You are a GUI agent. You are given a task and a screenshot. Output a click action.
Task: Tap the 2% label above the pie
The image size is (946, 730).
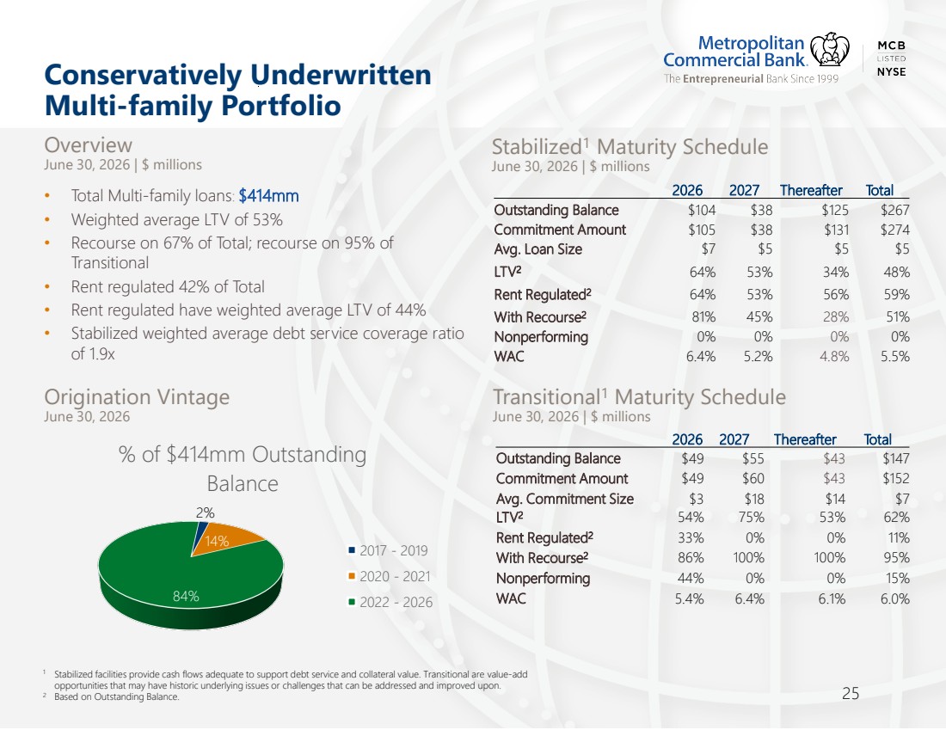206,512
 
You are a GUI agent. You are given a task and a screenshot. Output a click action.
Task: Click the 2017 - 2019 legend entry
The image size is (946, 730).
388,550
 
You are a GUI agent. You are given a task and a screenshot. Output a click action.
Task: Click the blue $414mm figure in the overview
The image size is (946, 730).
268,195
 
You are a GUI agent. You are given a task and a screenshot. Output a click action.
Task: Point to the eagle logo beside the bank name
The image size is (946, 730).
829,50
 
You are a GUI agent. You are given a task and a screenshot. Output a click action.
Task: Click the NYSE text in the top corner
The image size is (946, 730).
891,71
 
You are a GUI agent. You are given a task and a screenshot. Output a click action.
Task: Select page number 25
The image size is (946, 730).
850,694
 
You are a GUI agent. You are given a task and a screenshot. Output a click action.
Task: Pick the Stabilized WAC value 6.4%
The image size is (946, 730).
700,357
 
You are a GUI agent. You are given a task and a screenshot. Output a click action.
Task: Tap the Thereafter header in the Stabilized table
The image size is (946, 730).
811,191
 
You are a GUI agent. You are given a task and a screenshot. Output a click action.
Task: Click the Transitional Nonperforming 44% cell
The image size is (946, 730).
691,578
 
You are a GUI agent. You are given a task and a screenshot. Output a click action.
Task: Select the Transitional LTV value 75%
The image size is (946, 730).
751,518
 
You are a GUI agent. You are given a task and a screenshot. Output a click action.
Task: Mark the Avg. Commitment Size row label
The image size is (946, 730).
565,499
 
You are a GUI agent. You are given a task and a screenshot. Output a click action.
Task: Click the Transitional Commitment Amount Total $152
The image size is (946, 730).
895,478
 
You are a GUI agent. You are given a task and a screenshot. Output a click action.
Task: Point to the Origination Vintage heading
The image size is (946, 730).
137,397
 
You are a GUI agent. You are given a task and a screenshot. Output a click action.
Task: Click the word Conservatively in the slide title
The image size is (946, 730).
144,76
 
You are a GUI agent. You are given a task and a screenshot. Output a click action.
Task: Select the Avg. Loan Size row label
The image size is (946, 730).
538,249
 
